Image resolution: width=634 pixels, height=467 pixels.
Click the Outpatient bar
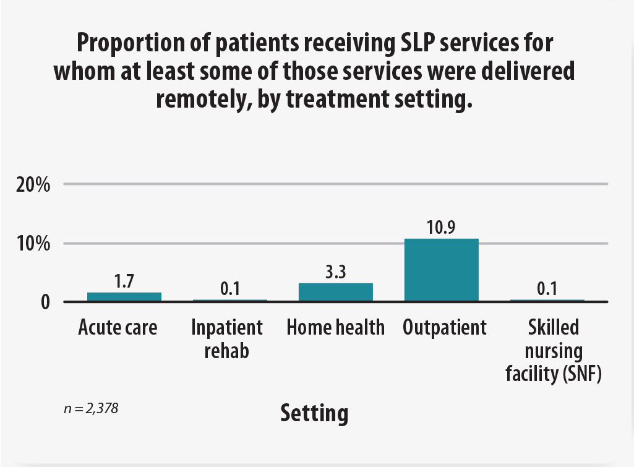(441, 270)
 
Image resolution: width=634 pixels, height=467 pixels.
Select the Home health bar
(335, 292)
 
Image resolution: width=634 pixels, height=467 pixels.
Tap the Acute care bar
(124, 297)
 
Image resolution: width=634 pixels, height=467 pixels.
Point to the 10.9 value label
(441, 228)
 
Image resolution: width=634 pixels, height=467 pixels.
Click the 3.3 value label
(335, 272)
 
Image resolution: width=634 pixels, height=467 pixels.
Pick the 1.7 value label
(124, 281)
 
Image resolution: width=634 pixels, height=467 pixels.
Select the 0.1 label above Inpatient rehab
(229, 289)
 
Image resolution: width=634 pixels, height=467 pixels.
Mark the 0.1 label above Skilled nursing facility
(547, 289)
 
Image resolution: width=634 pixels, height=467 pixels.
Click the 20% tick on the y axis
(33, 184)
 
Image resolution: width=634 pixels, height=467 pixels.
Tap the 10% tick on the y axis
(33, 243)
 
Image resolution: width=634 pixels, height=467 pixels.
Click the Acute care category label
(118, 327)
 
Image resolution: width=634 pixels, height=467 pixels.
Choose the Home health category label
(335, 327)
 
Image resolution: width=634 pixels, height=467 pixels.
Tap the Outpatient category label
(444, 327)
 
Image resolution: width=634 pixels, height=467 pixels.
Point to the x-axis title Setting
(314, 413)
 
